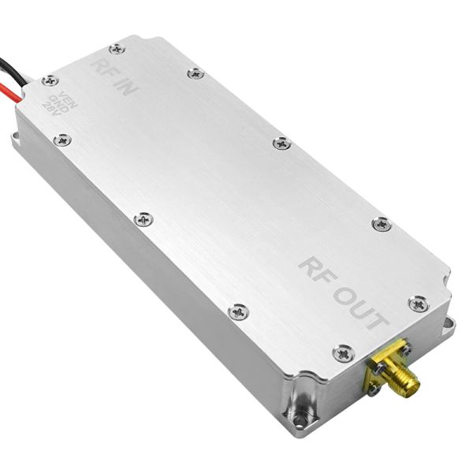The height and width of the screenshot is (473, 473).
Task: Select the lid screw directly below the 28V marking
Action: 62,140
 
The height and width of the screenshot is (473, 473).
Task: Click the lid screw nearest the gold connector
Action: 343,354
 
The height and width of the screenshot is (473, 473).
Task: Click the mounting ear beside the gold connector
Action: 447,324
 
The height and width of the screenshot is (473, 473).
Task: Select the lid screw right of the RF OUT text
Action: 417,303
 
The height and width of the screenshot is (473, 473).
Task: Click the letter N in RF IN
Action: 130,88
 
